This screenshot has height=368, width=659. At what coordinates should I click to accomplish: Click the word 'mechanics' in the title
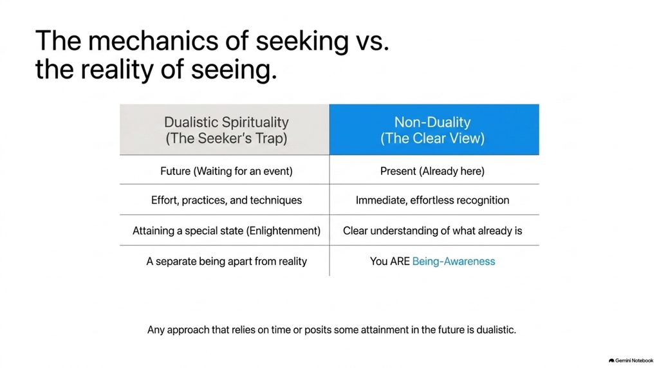[153, 41]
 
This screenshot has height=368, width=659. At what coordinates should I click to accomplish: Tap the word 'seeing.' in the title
[234, 69]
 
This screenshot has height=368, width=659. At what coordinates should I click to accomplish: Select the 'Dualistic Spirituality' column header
[225, 130]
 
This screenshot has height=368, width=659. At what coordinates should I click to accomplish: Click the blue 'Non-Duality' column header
[434, 130]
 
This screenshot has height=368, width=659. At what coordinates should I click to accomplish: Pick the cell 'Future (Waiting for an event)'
[226, 171]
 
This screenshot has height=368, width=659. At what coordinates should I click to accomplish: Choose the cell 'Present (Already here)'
[432, 171]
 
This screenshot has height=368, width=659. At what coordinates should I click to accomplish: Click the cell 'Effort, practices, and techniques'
[226, 200]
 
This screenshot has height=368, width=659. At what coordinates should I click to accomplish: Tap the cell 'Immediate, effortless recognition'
[432, 200]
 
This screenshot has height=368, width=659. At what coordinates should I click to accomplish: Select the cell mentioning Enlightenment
[226, 230]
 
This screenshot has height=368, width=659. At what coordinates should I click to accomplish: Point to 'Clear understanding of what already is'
[432, 230]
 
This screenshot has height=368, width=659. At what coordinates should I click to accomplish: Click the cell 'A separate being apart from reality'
[226, 261]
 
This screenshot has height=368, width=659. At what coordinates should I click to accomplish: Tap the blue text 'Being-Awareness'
[454, 261]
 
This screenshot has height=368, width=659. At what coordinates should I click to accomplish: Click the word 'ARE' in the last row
[399, 261]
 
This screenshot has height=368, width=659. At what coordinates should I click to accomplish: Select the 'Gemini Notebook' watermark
[631, 360]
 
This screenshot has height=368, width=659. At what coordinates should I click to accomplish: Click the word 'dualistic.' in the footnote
[496, 330]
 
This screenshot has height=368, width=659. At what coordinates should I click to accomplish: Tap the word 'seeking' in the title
[302, 41]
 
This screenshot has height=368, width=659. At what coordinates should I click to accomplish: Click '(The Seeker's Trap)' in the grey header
[226, 138]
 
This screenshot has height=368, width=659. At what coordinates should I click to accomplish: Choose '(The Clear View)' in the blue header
[432, 138]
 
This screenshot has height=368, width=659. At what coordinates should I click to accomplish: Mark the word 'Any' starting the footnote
[156, 330]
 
